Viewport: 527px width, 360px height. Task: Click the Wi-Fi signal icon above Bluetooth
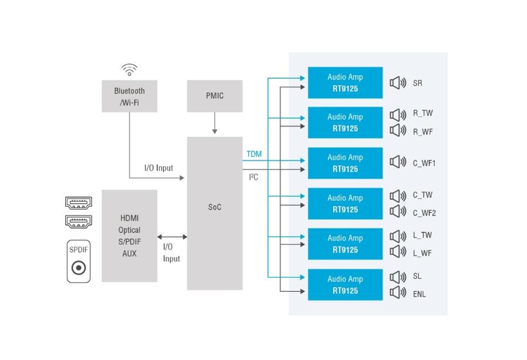[129, 70]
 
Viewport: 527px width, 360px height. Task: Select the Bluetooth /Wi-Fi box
[129, 96]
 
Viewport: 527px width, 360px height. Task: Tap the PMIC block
[214, 96]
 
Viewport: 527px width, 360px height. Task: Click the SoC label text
[214, 207]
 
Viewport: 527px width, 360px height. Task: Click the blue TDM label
[254, 154]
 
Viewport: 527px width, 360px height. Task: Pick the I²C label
[253, 177]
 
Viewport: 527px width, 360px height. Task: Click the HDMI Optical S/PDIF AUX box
[129, 235]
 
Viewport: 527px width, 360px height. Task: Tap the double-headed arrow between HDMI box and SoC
[172, 237]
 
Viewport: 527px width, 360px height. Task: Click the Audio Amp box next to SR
[345, 83]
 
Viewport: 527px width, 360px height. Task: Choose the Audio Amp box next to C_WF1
[345, 163]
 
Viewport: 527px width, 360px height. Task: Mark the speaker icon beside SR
[398, 83]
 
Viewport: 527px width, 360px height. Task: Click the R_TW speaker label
[422, 113]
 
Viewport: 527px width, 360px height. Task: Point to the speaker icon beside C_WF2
[398, 211]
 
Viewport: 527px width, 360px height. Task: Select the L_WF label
[422, 253]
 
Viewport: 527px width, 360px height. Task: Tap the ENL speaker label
[419, 294]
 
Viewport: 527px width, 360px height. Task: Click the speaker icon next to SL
[398, 277]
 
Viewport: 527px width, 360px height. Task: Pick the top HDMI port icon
[78, 203]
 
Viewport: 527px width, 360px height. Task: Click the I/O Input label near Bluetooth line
[159, 168]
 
